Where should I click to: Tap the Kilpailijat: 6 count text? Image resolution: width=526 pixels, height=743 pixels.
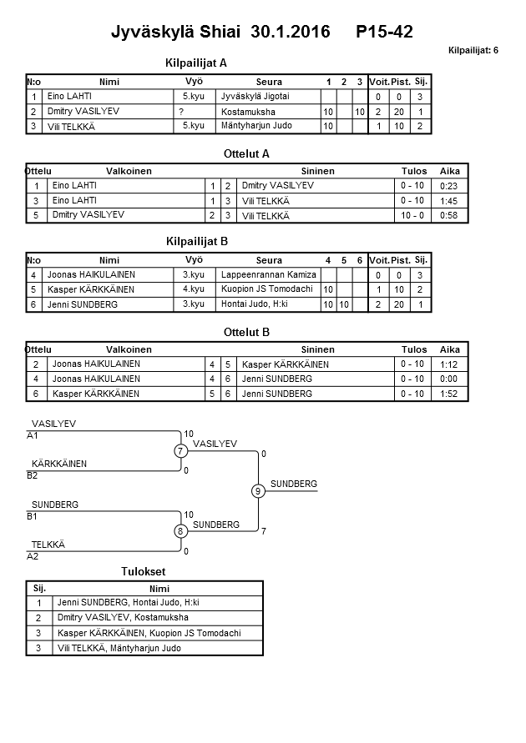(x=473, y=51)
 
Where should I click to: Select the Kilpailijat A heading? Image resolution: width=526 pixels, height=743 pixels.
(x=197, y=63)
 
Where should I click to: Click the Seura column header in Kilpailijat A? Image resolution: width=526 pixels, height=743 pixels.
(x=269, y=82)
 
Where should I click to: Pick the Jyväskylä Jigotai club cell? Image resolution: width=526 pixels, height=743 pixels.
(x=254, y=97)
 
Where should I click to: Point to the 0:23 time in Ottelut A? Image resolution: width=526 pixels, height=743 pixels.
(x=449, y=186)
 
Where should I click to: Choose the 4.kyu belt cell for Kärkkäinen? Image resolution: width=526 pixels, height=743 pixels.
(x=194, y=289)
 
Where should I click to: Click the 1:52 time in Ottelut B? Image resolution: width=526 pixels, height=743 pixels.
(x=449, y=393)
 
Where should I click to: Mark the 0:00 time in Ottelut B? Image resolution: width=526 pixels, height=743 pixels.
(x=449, y=379)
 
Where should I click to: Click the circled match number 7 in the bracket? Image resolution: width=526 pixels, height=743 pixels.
(x=180, y=451)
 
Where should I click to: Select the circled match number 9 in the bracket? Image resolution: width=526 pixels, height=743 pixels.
(x=258, y=490)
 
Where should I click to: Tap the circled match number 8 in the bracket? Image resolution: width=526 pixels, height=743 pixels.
(x=180, y=530)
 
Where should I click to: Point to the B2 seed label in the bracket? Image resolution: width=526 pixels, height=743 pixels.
(x=33, y=476)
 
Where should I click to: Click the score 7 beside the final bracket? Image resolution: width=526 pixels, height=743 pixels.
(x=263, y=530)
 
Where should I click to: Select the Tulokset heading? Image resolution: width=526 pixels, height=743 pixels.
(x=143, y=571)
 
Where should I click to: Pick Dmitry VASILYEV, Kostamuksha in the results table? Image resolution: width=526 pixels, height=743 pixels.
(x=123, y=618)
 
